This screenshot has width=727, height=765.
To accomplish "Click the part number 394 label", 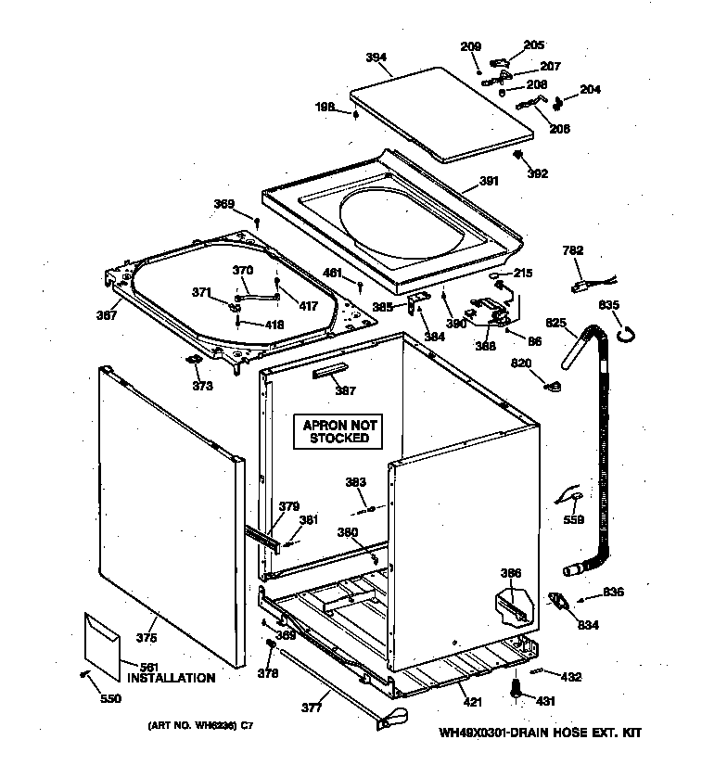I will tap(376, 57).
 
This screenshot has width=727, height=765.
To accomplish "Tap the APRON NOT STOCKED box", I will tap(339, 431).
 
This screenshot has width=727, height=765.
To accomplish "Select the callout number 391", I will tap(489, 181).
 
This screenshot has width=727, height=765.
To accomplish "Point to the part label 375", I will tap(147, 637).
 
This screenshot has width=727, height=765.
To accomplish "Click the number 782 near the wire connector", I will tap(574, 249).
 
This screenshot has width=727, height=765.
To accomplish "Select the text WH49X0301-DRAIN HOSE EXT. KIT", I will tap(540, 733).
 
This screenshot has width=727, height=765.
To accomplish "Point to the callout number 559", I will tap(574, 519).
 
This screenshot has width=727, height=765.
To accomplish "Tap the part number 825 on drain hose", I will tap(555, 323).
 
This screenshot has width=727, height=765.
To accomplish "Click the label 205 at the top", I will tap(534, 45).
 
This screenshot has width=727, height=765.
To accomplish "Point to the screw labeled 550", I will tap(86, 674).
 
